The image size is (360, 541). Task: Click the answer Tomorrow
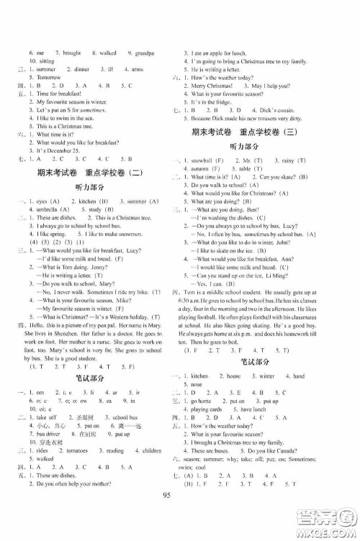pos(44,96)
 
